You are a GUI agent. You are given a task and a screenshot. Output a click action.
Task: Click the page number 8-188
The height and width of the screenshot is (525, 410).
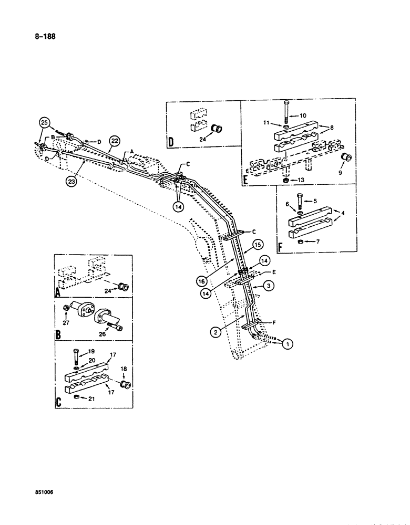pos(44,37)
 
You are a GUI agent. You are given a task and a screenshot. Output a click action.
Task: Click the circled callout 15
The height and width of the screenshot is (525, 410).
pos(257,244)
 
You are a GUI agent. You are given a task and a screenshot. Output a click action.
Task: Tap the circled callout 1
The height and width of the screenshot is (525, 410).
pos(287,344)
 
